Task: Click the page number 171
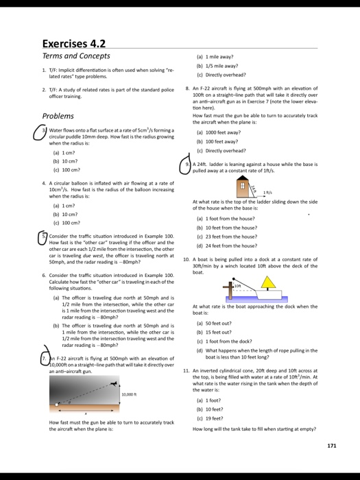(332, 446)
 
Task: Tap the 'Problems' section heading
(58, 116)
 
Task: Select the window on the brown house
(242, 168)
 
